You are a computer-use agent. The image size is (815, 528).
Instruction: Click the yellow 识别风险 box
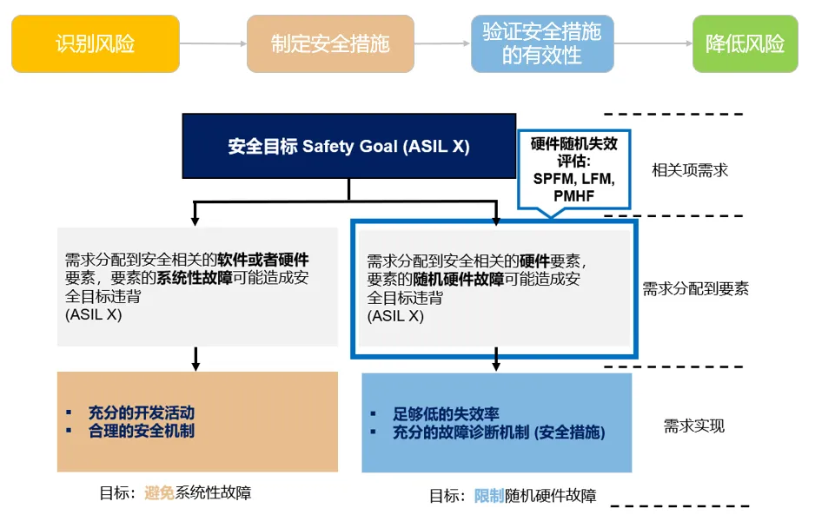(x=96, y=43)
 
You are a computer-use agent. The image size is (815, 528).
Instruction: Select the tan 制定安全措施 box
(x=330, y=43)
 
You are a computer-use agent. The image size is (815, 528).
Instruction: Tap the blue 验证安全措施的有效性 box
(x=541, y=43)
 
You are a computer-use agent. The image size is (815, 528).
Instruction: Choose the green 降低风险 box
(x=745, y=43)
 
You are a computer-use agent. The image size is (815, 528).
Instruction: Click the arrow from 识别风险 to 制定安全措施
(x=213, y=43)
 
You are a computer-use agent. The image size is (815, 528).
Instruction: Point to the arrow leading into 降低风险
(x=653, y=43)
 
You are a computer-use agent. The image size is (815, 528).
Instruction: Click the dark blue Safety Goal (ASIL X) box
(x=348, y=146)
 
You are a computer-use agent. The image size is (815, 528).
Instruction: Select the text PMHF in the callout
(x=573, y=196)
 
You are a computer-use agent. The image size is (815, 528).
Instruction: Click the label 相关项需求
(x=690, y=170)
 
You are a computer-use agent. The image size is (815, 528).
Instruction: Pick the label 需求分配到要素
(x=695, y=289)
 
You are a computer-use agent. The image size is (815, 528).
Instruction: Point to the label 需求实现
(x=693, y=426)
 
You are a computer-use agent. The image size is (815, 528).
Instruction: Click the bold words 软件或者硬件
(x=263, y=260)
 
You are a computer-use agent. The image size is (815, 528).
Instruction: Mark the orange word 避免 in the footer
(x=160, y=493)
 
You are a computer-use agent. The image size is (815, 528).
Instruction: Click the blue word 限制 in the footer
(x=489, y=496)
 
